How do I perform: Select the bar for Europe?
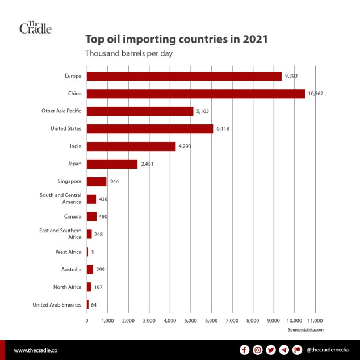pos(184,76)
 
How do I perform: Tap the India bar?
pos(131,146)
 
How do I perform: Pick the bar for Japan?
pos(112,164)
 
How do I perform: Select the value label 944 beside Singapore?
pos(114,182)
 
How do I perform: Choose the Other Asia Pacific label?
pos(61,111)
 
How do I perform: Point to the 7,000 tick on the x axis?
pos(232,321)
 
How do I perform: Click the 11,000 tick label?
pos(315,321)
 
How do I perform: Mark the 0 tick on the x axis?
pos(87,321)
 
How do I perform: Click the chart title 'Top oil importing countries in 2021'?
pos(176,40)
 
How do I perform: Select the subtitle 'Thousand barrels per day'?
pos(129,54)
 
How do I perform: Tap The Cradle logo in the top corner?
pos(35,27)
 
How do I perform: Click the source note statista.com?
pos(305,330)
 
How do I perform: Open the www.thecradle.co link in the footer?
pos(39,350)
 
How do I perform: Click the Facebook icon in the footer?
pos(244,350)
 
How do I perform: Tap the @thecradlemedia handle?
pos(328,350)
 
